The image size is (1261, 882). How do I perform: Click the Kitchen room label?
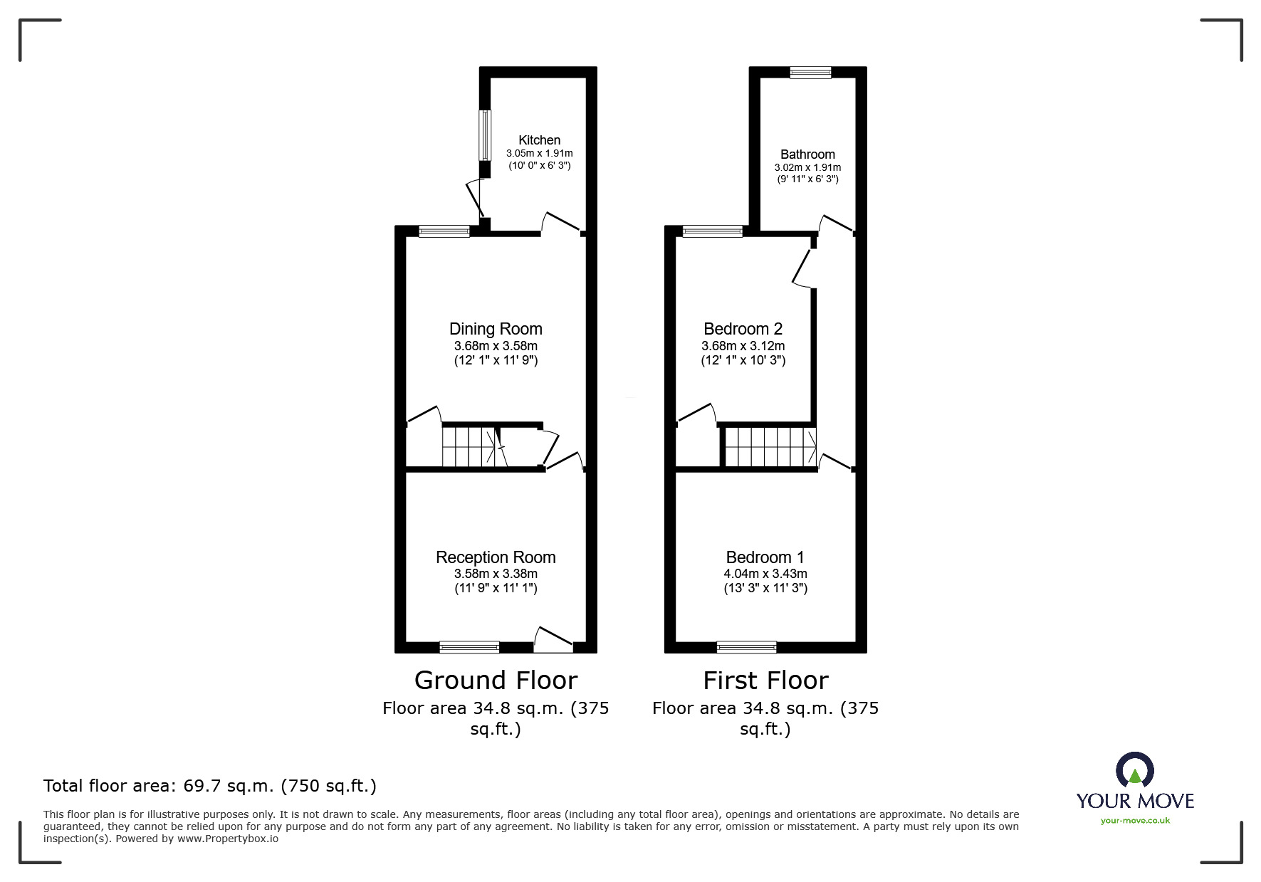point(539,140)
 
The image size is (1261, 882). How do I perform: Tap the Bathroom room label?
point(807,154)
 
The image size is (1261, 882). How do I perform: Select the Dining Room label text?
point(496,329)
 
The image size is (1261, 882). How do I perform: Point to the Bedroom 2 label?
point(743,329)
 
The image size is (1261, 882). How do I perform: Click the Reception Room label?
point(496,557)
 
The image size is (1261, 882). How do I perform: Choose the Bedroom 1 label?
point(765,557)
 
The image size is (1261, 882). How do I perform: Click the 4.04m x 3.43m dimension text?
point(765,574)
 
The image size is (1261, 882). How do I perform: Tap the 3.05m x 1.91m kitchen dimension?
point(539,153)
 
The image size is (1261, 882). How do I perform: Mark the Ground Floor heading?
point(496,681)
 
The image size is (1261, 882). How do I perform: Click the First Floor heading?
point(765,681)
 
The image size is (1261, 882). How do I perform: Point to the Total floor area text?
point(210,786)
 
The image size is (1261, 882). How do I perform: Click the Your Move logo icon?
point(1134,771)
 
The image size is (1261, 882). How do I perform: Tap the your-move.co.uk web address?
point(1135,821)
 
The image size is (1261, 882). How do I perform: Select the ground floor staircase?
point(470,446)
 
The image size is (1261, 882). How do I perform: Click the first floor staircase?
point(770,446)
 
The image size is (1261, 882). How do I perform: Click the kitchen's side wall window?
point(484,135)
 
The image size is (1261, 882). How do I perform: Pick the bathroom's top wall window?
point(810,72)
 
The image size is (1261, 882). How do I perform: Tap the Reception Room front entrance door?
point(553,640)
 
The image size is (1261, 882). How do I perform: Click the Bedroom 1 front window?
point(746,647)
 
